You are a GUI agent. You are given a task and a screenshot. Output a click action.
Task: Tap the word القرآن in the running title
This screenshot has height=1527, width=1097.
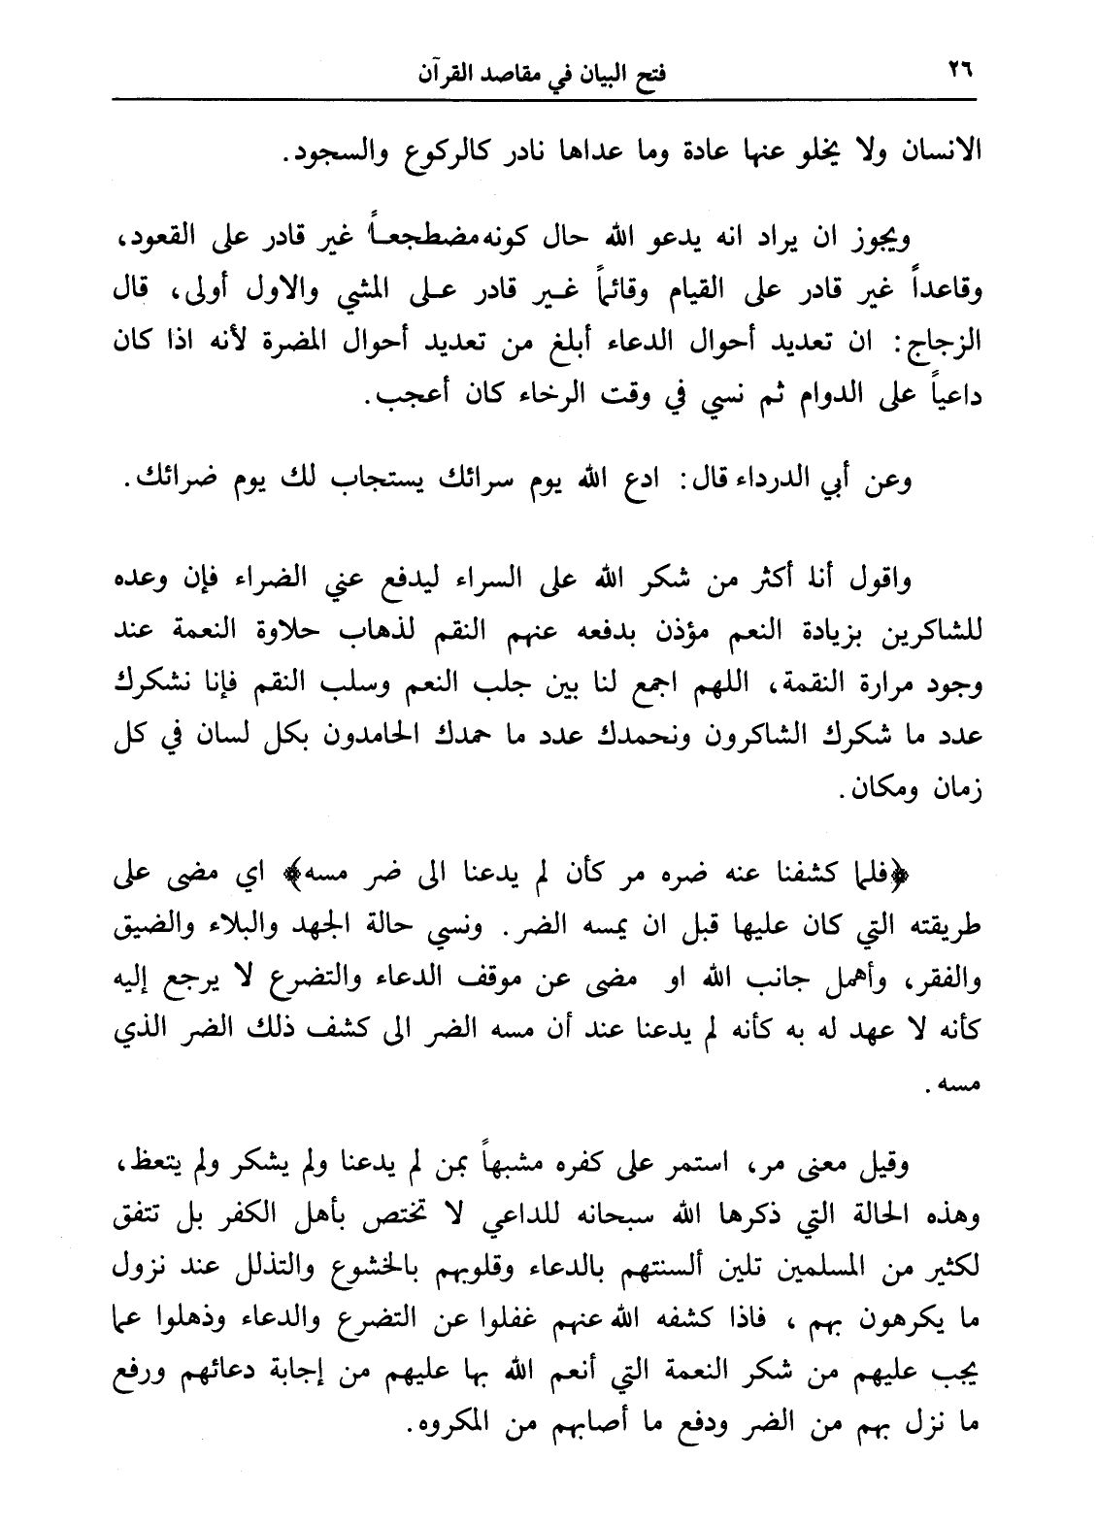point(451,75)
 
